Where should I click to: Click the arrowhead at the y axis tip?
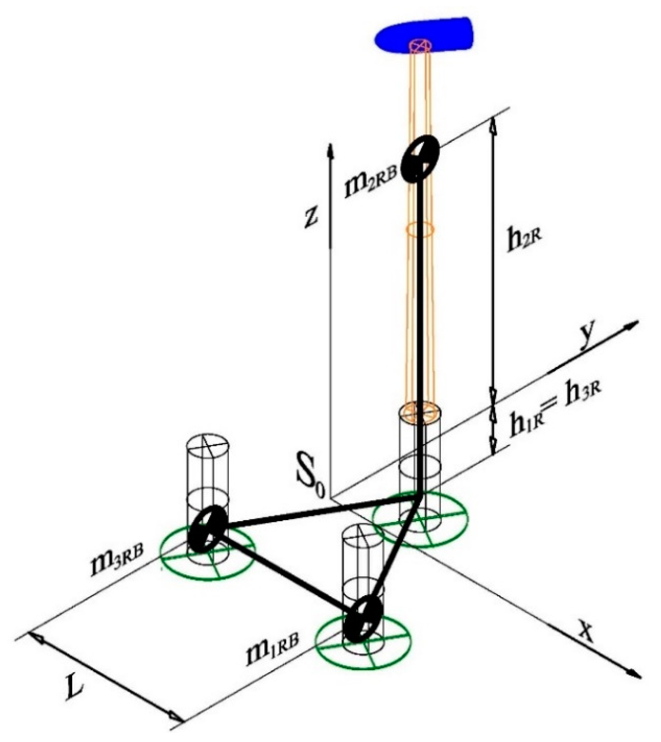pyautogui.click(x=635, y=324)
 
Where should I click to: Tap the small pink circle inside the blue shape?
pyautogui.click(x=421, y=45)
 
